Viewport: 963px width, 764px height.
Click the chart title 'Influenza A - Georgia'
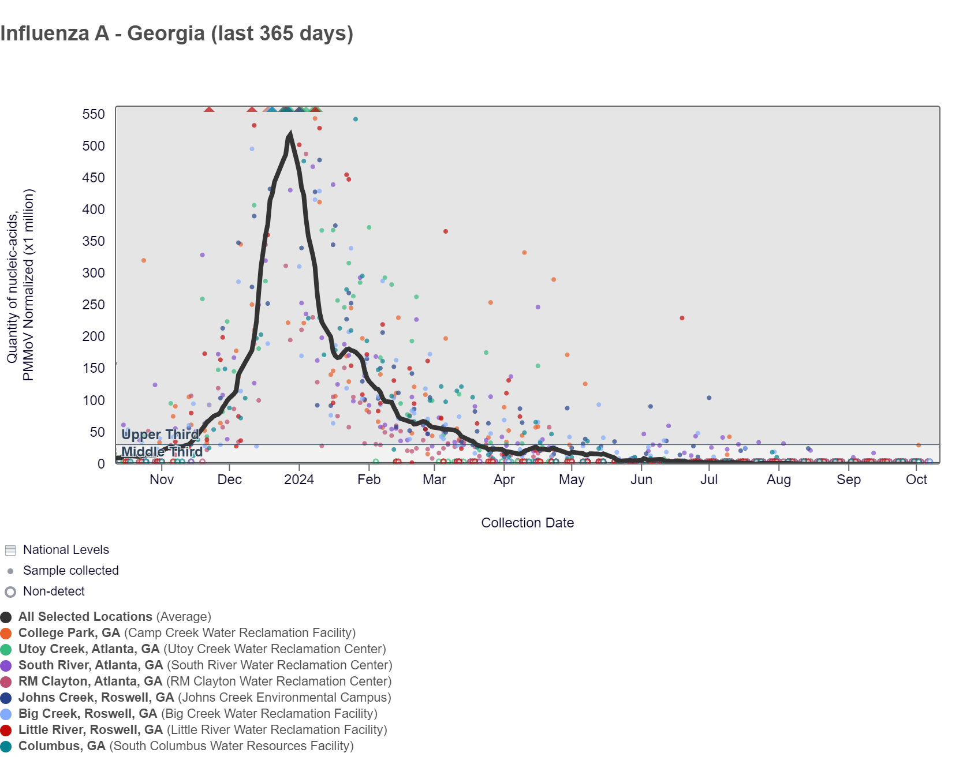pos(177,33)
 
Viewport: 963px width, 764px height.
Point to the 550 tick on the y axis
pos(94,114)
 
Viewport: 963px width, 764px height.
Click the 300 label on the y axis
pos(94,273)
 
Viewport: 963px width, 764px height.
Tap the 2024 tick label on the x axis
pos(299,480)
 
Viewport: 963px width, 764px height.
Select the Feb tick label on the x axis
pos(369,480)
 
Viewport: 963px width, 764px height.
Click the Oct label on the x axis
pos(916,480)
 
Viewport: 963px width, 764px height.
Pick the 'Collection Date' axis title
pos(527,523)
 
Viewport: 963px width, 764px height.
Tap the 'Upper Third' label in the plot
pos(160,435)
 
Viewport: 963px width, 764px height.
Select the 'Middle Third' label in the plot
pos(162,452)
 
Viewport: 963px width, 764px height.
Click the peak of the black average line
pos(290,134)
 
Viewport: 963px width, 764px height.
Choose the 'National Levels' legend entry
pos(66,550)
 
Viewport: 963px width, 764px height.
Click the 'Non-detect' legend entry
pos(54,591)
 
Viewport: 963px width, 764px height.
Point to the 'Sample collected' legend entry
pos(70,571)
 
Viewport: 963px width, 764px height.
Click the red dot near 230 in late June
pos(682,318)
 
